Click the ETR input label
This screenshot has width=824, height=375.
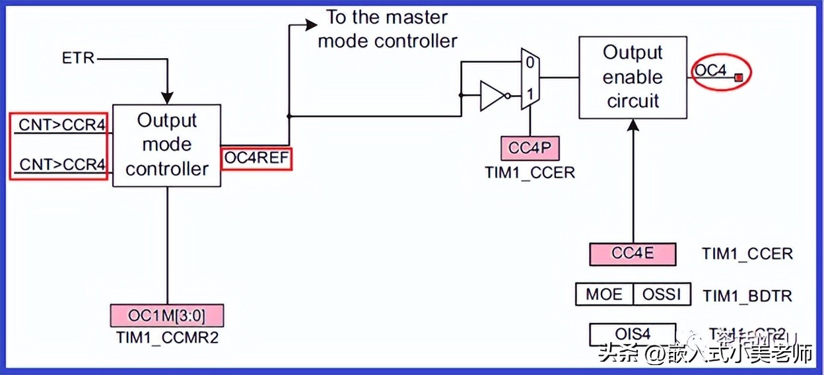pos(78,59)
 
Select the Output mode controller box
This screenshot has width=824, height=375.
pos(166,145)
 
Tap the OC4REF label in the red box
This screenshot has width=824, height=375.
pos(256,159)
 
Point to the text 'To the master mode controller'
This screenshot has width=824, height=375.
pos(387,29)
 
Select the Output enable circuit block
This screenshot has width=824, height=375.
pos(633,77)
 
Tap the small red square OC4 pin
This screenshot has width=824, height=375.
pos(738,78)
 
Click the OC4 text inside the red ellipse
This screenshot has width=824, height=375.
pos(710,69)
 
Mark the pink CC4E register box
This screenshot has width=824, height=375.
pos(633,254)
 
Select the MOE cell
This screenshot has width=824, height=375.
pos(604,294)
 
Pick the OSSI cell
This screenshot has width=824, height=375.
pos(662,294)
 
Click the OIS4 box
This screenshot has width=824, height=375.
pos(633,334)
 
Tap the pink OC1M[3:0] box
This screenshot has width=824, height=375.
pos(166,316)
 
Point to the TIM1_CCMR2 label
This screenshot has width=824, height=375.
pos(166,338)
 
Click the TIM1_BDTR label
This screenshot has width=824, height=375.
pos(747,296)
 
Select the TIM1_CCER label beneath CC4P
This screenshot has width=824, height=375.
pos(530,173)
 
